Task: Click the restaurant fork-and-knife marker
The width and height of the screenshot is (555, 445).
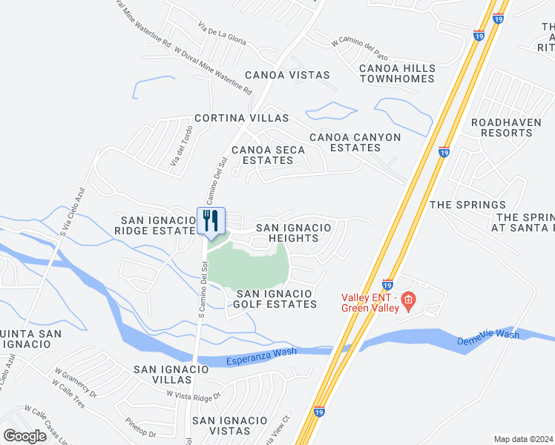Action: pyautogui.click(x=211, y=221)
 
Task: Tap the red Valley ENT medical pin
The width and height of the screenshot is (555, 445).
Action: pyautogui.click(x=407, y=300)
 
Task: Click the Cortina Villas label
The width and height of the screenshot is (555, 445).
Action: pyautogui.click(x=241, y=119)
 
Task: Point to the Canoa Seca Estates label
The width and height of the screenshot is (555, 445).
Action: pyautogui.click(x=268, y=155)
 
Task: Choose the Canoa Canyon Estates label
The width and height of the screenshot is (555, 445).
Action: pyautogui.click(x=355, y=142)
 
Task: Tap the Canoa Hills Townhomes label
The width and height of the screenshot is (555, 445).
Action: pyautogui.click(x=396, y=73)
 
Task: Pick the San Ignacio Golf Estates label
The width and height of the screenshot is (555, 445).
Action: pyautogui.click(x=275, y=299)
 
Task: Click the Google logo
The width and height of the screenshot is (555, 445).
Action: pyautogui.click(x=25, y=436)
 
